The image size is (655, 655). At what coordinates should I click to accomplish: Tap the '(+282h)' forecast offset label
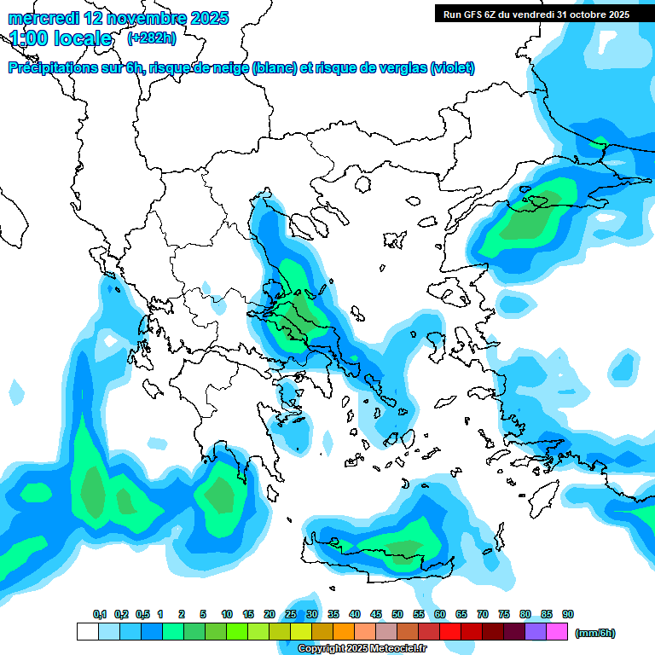pos(152,38)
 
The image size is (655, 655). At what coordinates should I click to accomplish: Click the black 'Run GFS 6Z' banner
pos(536,14)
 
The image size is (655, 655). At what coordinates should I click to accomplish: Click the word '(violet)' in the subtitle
pos(453,68)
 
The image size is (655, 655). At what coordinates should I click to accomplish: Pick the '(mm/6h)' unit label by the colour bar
pos(595,633)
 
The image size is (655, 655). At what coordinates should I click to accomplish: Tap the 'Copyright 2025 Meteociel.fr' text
pos(362,649)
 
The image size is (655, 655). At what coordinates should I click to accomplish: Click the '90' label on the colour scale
pos(568,614)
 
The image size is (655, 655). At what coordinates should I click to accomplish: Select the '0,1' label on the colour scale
pos(100,614)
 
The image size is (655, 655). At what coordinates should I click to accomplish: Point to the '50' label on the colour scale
pos(397,614)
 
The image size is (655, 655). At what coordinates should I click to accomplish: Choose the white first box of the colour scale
pos(87,632)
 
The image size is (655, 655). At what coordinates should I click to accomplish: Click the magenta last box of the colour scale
pos(557,632)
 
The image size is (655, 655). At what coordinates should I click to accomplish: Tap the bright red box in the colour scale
pos(450,632)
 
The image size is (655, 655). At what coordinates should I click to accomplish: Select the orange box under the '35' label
pos(344,632)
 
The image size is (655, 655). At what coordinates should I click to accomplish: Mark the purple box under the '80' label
pos(536,632)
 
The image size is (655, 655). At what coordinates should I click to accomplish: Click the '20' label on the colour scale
pos(270,614)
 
